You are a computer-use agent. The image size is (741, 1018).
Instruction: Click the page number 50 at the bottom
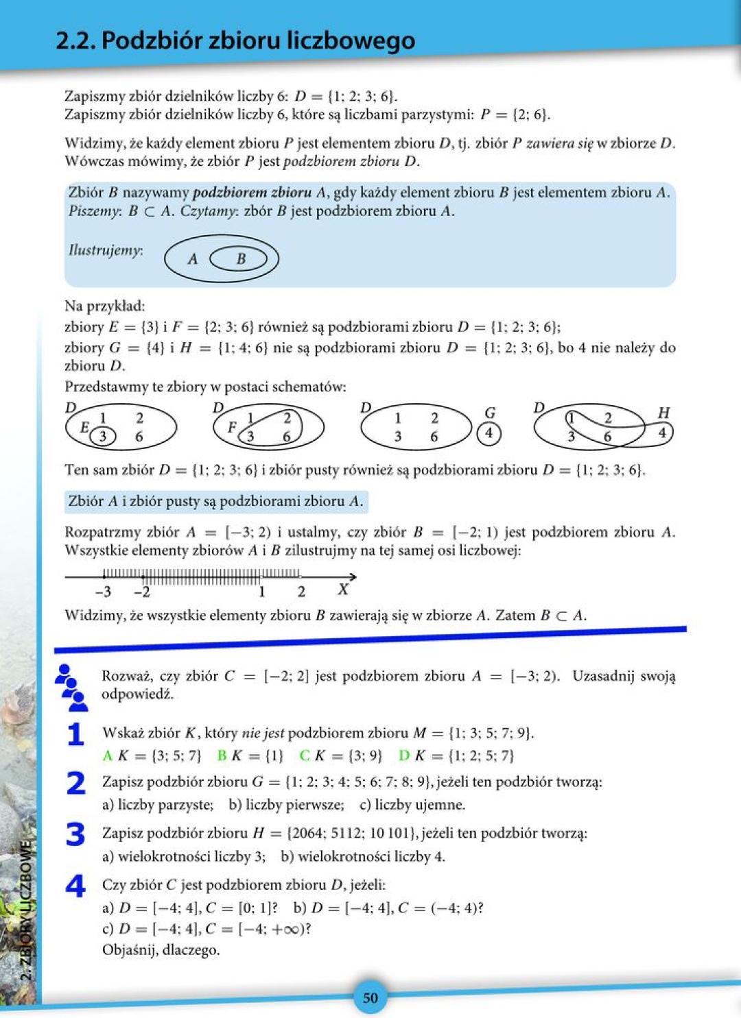tap(370, 997)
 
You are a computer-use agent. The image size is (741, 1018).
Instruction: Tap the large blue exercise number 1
tap(75, 734)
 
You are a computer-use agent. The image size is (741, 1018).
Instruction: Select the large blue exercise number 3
tap(75, 834)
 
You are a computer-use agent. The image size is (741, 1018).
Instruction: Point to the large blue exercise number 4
tap(75, 886)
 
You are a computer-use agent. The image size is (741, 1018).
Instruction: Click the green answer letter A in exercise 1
tap(107, 755)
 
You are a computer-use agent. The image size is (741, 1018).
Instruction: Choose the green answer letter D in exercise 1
tap(403, 755)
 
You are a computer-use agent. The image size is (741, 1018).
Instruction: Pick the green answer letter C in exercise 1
tap(305, 755)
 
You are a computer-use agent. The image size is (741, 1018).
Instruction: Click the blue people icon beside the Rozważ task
tap(71, 686)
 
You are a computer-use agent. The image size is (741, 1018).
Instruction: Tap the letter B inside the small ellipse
tap(241, 259)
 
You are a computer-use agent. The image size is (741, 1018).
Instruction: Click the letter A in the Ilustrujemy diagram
tap(193, 259)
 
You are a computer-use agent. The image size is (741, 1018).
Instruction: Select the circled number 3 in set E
tap(103, 436)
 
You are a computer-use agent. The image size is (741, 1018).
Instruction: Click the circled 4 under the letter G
tap(489, 433)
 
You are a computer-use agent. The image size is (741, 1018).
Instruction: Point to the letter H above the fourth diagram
tap(663, 413)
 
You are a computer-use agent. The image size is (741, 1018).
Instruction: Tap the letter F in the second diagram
tap(232, 427)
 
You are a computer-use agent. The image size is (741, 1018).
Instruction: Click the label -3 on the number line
tap(103, 592)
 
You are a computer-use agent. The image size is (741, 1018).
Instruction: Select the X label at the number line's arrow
tap(343, 590)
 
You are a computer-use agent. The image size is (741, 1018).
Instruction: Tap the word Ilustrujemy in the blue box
tap(105, 250)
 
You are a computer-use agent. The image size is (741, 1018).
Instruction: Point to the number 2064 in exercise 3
tap(311, 833)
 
